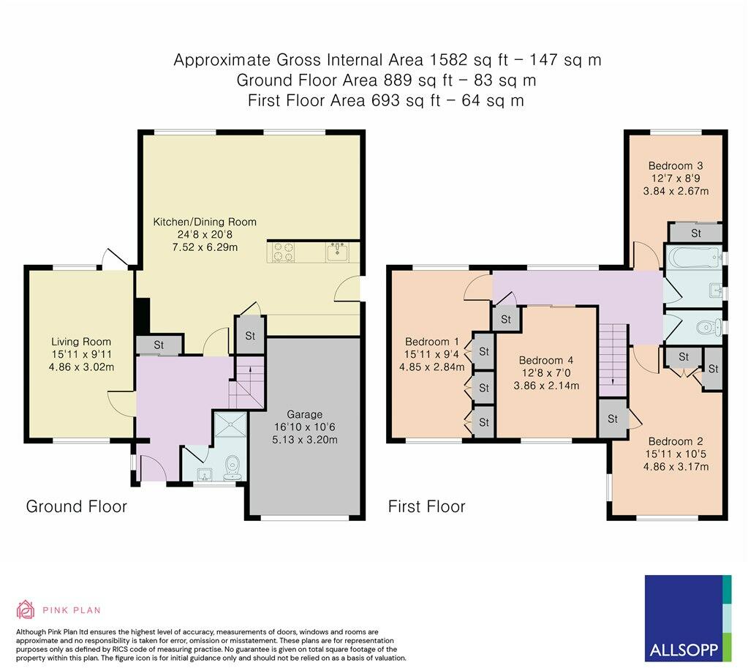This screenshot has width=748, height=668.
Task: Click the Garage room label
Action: click(304, 414)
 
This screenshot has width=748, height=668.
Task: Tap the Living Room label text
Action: click(81, 342)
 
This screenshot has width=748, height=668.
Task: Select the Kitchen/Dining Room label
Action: click(205, 222)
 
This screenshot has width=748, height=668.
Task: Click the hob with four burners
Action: click(283, 252)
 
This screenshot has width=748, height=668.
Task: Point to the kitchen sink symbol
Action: click(338, 252)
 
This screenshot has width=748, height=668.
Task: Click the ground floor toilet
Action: click(233, 468)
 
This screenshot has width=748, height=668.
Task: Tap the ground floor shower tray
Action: click(230, 424)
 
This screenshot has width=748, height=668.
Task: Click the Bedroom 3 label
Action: click(676, 166)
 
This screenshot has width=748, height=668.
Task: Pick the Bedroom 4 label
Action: click(546, 361)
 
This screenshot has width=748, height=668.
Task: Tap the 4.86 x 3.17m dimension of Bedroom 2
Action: click(676, 467)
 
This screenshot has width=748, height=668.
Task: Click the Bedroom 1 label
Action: click(431, 342)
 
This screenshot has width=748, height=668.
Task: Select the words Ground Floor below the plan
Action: click(76, 506)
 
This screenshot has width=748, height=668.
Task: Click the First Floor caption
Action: click(426, 506)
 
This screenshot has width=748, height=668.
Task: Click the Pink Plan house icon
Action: click(26, 609)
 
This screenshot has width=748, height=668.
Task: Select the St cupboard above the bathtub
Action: click(695, 233)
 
